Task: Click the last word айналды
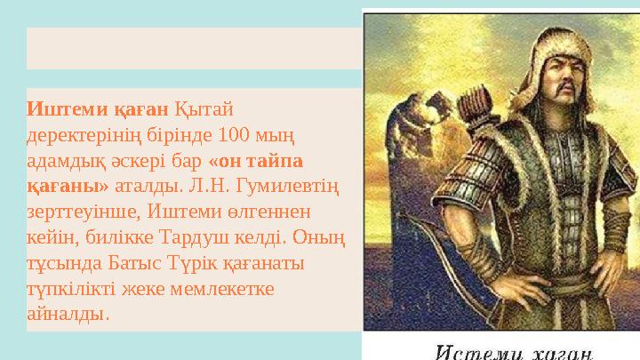(69, 316)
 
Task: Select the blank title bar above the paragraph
(194, 48)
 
